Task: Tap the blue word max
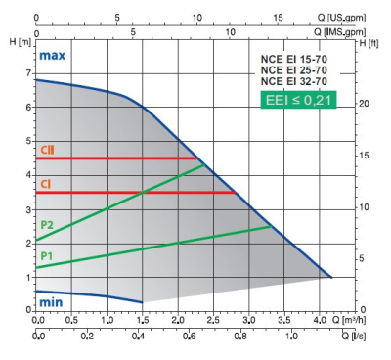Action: (x=52, y=56)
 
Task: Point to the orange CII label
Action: (x=48, y=150)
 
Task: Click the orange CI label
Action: (x=46, y=184)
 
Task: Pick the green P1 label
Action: (x=46, y=255)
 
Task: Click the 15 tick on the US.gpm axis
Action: (x=278, y=17)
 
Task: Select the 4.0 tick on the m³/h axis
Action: (x=320, y=320)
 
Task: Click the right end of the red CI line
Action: (x=234, y=193)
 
